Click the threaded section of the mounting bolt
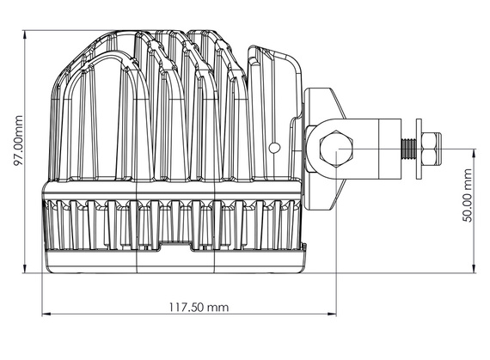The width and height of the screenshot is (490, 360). pyautogui.click(x=406, y=149)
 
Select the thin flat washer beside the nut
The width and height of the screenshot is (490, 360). pyautogui.click(x=419, y=149)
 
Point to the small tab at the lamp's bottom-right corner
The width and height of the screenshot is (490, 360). pyautogui.click(x=303, y=248)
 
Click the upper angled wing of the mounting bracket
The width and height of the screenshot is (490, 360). pyautogui.click(x=325, y=104)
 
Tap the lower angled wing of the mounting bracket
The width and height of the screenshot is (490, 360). pyautogui.click(x=325, y=198)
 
